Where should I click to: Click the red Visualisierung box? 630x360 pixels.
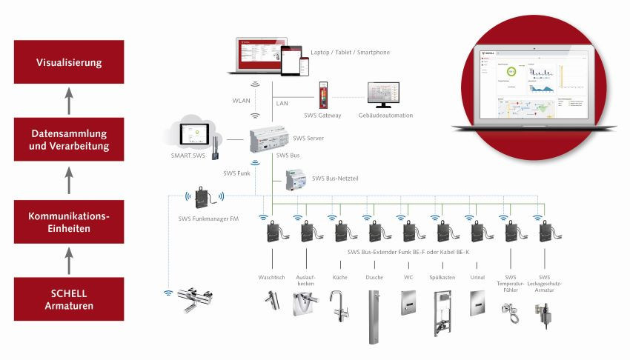[x=69, y=63]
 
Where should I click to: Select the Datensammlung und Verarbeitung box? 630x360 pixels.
[x=69, y=140]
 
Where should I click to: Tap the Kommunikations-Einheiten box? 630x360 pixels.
[x=69, y=222]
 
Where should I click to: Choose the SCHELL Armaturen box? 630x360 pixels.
[x=69, y=299]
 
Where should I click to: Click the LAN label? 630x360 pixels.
[x=282, y=104]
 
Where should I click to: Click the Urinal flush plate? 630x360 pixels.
[x=477, y=301]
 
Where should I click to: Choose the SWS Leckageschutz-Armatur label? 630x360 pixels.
[x=544, y=281]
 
